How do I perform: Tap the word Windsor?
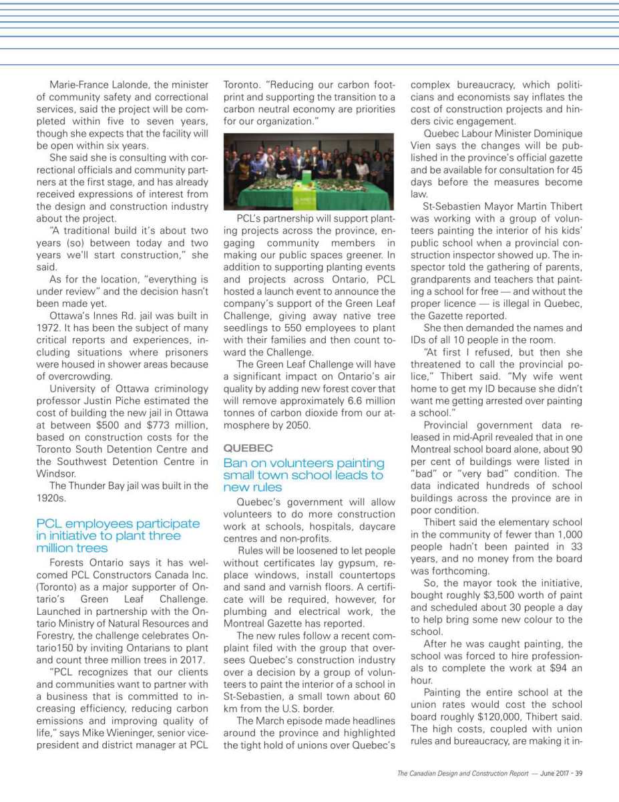(55, 473)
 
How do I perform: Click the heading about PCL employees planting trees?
(118, 535)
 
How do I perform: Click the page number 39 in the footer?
(579, 773)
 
